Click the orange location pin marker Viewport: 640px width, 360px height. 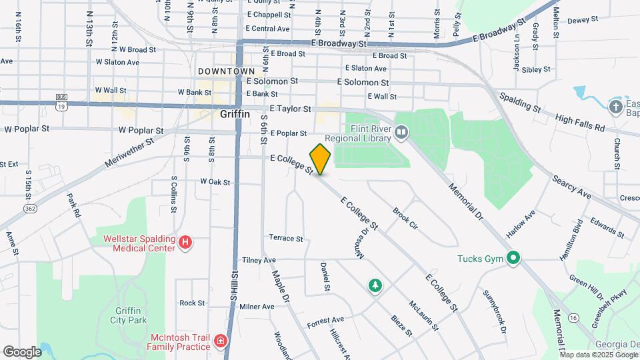tap(320, 159)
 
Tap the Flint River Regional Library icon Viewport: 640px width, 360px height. tap(401, 133)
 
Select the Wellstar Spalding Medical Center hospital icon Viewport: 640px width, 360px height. tap(186, 243)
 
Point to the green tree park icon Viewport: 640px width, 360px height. tap(375, 285)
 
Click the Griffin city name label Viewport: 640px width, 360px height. tap(235, 114)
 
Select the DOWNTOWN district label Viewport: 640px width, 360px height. tap(226, 71)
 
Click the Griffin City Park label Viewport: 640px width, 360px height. tap(128, 314)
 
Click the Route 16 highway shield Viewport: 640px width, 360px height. tap(574, 317)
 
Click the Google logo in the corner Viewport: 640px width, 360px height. tap(22, 351)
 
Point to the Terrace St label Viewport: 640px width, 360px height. tap(286, 238)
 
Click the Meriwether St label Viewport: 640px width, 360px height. tap(129, 153)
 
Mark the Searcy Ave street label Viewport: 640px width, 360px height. tap(571, 187)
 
